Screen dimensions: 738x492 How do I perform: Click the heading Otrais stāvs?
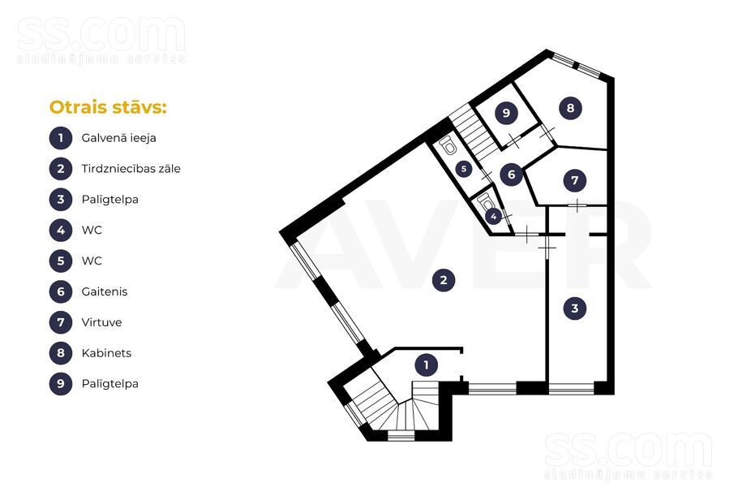(x=108, y=107)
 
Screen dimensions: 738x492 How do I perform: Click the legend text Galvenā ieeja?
(x=118, y=138)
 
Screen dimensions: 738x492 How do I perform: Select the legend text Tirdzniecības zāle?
(x=131, y=169)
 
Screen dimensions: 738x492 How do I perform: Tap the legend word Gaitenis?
(x=105, y=291)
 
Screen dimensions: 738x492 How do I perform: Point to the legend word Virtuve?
(x=101, y=322)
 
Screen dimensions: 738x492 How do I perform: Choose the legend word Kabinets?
(x=106, y=353)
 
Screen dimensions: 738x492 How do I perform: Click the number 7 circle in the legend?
(x=61, y=322)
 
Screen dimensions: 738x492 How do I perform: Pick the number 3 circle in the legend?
(x=61, y=200)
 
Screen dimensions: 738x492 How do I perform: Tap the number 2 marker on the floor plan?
(x=444, y=280)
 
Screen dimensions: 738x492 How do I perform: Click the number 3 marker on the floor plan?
(x=575, y=309)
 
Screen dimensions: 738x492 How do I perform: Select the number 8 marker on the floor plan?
(x=570, y=108)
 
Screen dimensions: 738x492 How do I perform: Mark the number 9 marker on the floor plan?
(x=506, y=113)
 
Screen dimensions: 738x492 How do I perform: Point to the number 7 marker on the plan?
(x=575, y=180)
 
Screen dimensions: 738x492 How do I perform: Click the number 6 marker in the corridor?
(x=512, y=175)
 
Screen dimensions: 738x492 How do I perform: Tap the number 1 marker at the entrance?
(x=427, y=365)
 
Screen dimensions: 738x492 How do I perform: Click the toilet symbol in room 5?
(x=448, y=145)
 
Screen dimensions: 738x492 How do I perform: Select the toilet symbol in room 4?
(x=485, y=203)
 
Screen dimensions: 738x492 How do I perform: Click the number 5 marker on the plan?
(x=464, y=169)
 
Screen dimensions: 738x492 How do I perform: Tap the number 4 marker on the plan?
(x=494, y=217)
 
